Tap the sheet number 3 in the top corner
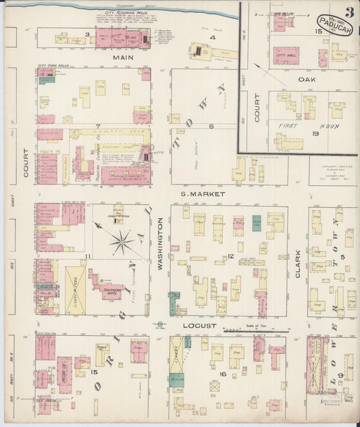click(349, 11)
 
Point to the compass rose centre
click(122, 241)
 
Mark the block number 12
click(230, 255)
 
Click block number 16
click(222, 373)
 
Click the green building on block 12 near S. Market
click(257, 223)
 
